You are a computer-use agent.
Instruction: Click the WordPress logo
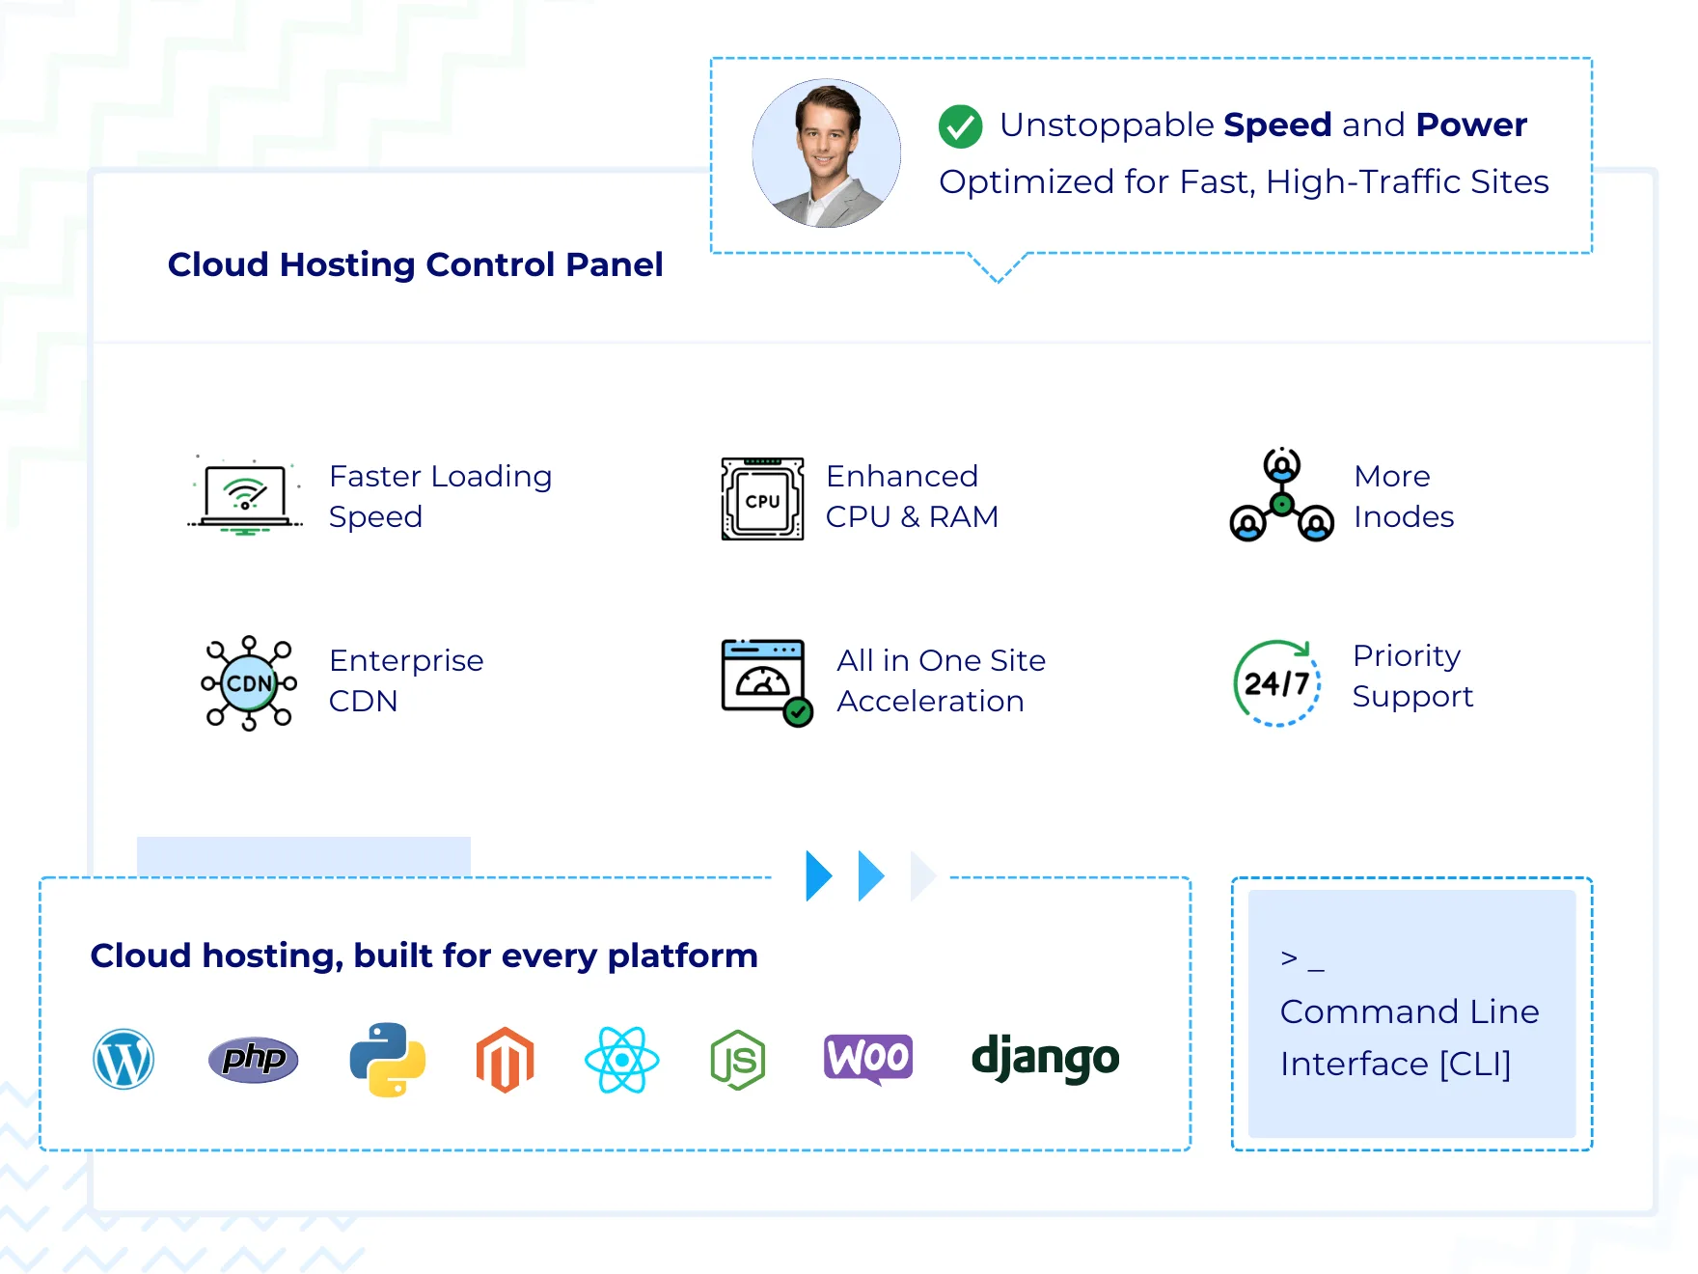tap(123, 1059)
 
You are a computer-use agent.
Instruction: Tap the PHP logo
tap(254, 1060)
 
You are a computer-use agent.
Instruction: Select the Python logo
tap(388, 1060)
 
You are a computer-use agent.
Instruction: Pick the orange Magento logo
tap(506, 1060)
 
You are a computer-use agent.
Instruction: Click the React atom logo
tap(622, 1060)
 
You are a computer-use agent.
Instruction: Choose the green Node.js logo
tap(738, 1060)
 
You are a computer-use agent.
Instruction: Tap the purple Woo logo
tap(868, 1059)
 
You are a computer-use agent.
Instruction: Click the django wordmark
tap(1045, 1058)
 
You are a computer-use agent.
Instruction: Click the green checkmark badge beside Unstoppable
tap(961, 126)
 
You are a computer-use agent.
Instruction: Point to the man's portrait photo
tap(827, 153)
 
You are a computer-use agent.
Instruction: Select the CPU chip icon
tap(762, 499)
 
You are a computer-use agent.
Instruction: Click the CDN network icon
tap(249, 683)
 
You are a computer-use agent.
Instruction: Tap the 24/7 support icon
tap(1277, 683)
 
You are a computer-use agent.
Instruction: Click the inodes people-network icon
tap(1282, 495)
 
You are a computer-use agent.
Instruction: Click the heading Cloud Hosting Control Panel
tap(416, 264)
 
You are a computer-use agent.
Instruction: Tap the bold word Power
tap(1471, 125)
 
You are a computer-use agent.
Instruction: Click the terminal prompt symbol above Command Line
tap(1302, 959)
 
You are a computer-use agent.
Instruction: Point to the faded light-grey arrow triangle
tap(922, 876)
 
